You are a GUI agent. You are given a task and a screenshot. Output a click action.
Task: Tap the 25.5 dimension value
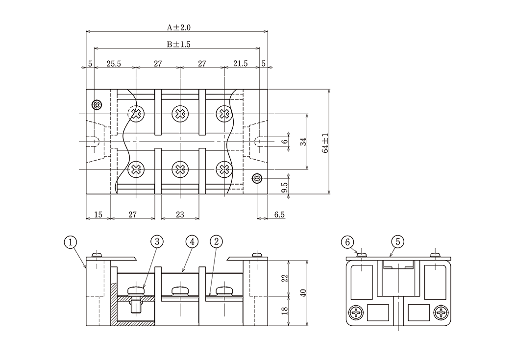pyautogui.click(x=114, y=64)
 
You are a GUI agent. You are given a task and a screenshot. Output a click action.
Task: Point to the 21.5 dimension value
pyautogui.click(x=241, y=64)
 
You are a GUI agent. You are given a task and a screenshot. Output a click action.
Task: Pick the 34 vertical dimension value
pyautogui.click(x=303, y=142)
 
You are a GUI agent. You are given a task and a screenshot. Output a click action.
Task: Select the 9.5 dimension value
pyautogui.click(x=285, y=187)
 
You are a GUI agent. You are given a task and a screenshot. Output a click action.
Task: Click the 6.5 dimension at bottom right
pyautogui.click(x=279, y=214)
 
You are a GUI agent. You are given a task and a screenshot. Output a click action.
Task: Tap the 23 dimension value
pyautogui.click(x=180, y=214)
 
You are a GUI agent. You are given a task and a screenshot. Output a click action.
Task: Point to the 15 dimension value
pyautogui.click(x=98, y=214)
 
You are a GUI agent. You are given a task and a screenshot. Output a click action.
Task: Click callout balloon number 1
pyautogui.click(x=71, y=241)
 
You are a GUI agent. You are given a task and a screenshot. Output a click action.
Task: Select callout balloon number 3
pyautogui.click(x=157, y=241)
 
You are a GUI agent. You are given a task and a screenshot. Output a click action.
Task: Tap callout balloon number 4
pyautogui.click(x=192, y=241)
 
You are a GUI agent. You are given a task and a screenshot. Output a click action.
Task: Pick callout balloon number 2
pyautogui.click(x=216, y=241)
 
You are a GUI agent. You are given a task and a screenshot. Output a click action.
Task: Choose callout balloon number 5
pyautogui.click(x=397, y=241)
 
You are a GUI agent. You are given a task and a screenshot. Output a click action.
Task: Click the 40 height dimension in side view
pyautogui.click(x=303, y=293)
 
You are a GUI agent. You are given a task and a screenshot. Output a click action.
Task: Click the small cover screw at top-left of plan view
pyautogui.click(x=97, y=105)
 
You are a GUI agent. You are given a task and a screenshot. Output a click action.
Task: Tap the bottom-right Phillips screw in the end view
pyautogui.click(x=441, y=312)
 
